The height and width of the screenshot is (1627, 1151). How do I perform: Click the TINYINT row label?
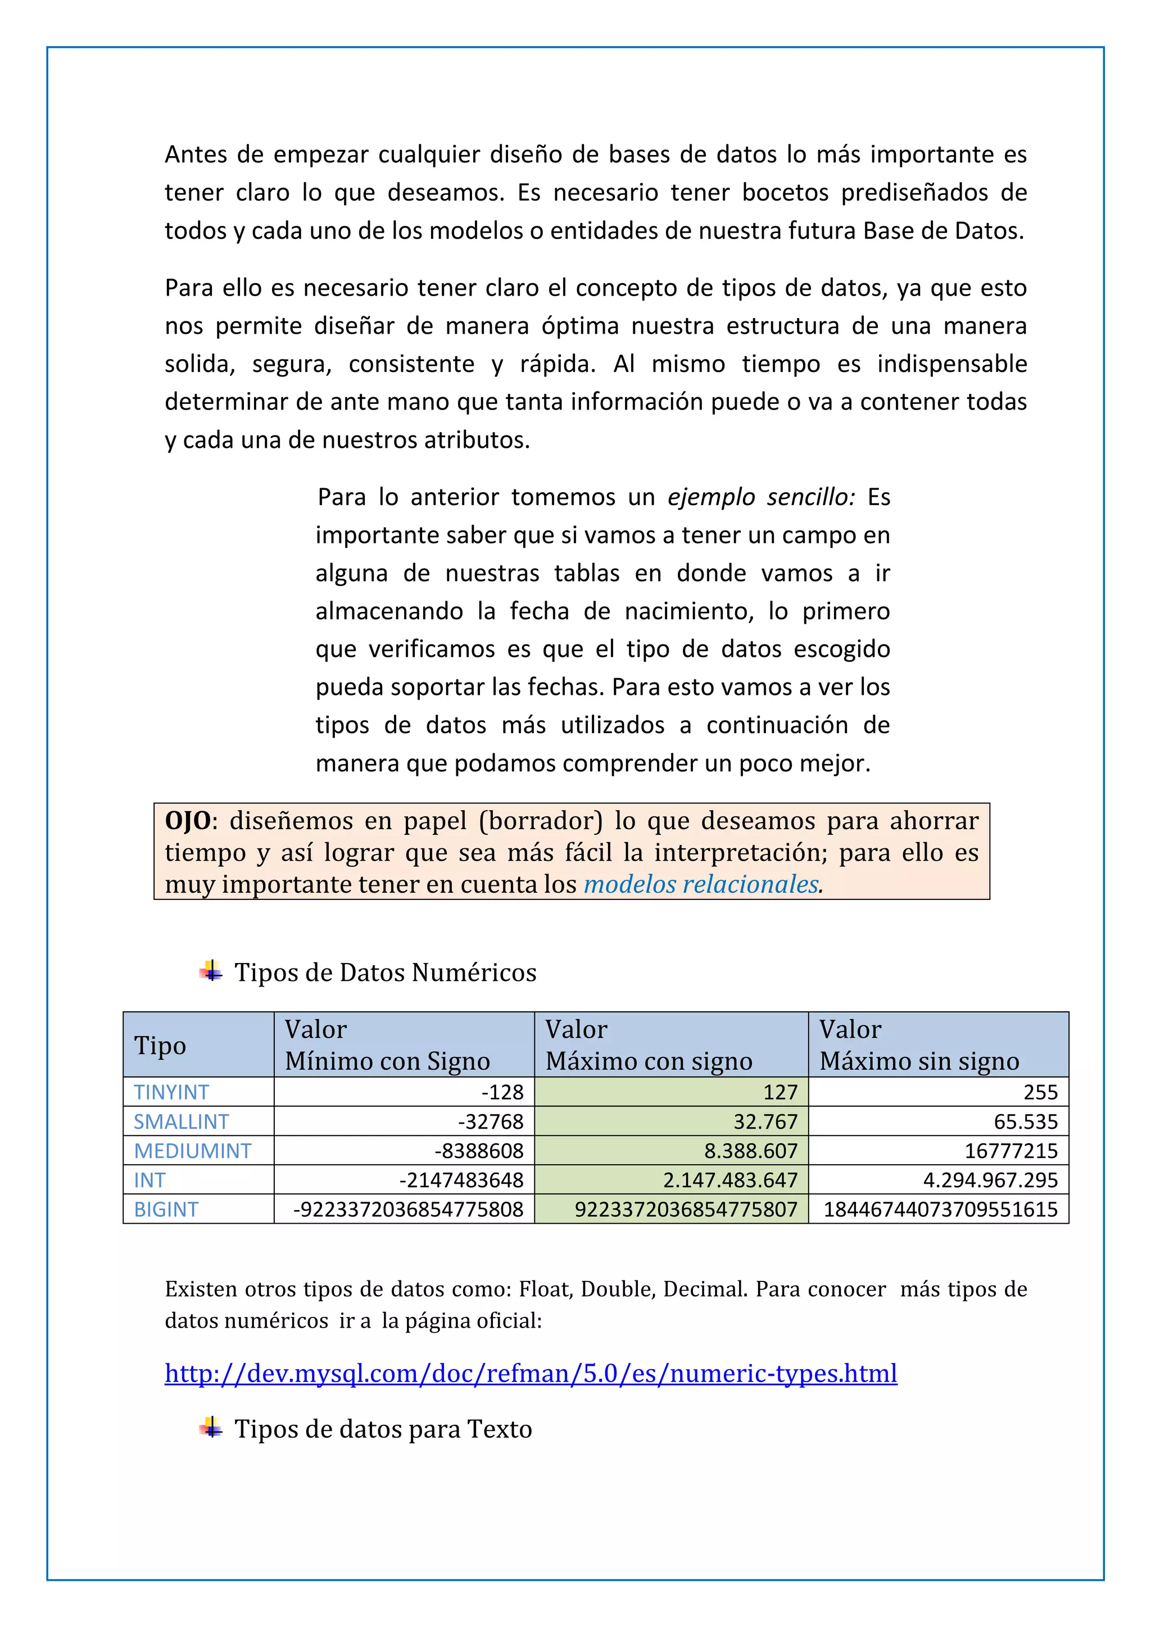click(171, 1092)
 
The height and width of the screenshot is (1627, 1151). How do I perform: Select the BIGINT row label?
click(166, 1209)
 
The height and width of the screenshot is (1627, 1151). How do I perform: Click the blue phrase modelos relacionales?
click(701, 884)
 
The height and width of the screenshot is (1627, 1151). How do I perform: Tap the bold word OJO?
click(188, 821)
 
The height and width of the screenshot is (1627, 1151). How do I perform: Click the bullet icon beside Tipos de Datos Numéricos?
click(211, 971)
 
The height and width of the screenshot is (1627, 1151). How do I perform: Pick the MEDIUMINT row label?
click(193, 1151)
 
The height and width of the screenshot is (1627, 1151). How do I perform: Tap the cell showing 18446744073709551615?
click(940, 1209)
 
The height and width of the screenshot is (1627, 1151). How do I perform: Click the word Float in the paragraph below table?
click(545, 1288)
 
